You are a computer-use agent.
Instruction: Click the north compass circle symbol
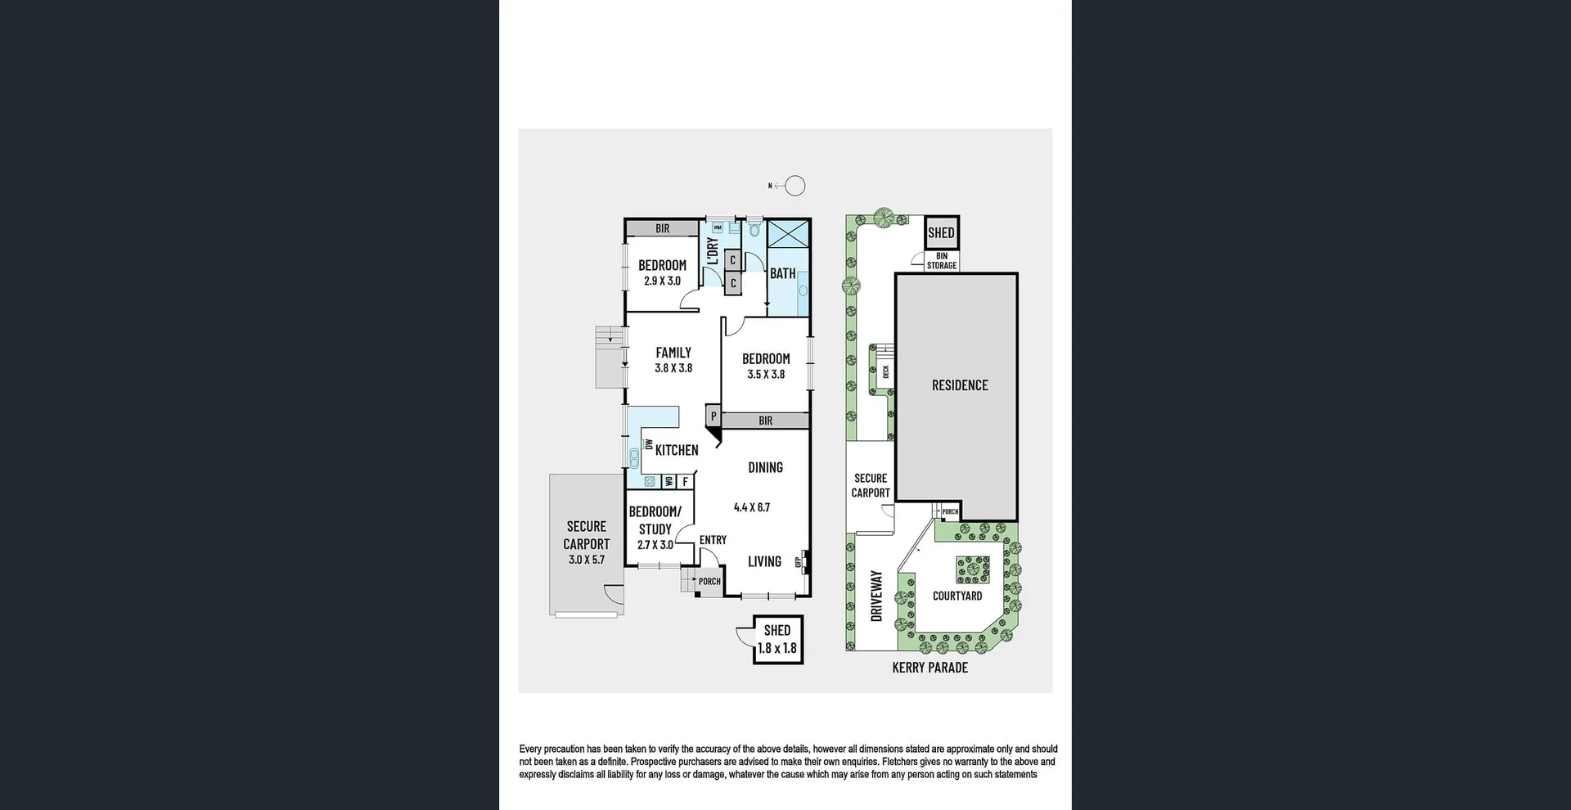click(795, 186)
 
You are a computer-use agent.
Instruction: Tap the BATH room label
click(782, 273)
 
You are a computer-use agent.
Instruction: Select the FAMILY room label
click(673, 353)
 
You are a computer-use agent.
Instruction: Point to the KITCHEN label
click(677, 450)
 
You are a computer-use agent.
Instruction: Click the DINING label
click(765, 467)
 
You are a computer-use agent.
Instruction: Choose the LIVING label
click(764, 561)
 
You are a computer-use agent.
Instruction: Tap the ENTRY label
click(713, 540)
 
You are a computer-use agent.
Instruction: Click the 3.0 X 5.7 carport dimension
click(587, 560)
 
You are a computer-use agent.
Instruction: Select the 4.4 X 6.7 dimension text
click(752, 507)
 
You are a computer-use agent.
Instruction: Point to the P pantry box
click(713, 416)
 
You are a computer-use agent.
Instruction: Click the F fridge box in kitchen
click(686, 482)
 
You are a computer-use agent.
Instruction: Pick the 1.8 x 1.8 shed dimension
click(776, 648)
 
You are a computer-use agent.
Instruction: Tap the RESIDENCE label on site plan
click(960, 385)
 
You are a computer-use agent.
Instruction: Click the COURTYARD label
click(957, 596)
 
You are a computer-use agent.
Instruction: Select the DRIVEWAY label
click(877, 596)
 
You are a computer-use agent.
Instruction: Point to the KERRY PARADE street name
click(930, 668)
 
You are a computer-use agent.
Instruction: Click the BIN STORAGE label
click(942, 261)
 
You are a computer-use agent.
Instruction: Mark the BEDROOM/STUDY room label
click(655, 520)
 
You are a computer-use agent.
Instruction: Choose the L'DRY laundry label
click(713, 251)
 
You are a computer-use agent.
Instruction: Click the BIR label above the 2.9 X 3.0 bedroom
click(662, 229)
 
